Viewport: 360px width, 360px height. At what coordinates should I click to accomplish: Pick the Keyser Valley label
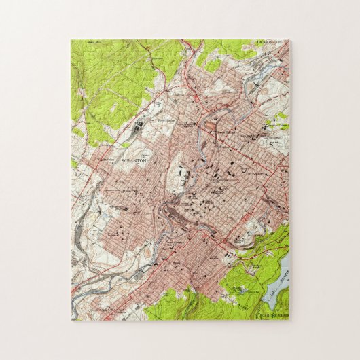(105, 160)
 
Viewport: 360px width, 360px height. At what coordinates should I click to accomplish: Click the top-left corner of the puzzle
(71, 39)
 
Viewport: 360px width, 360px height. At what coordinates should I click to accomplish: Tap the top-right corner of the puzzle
(289, 39)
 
